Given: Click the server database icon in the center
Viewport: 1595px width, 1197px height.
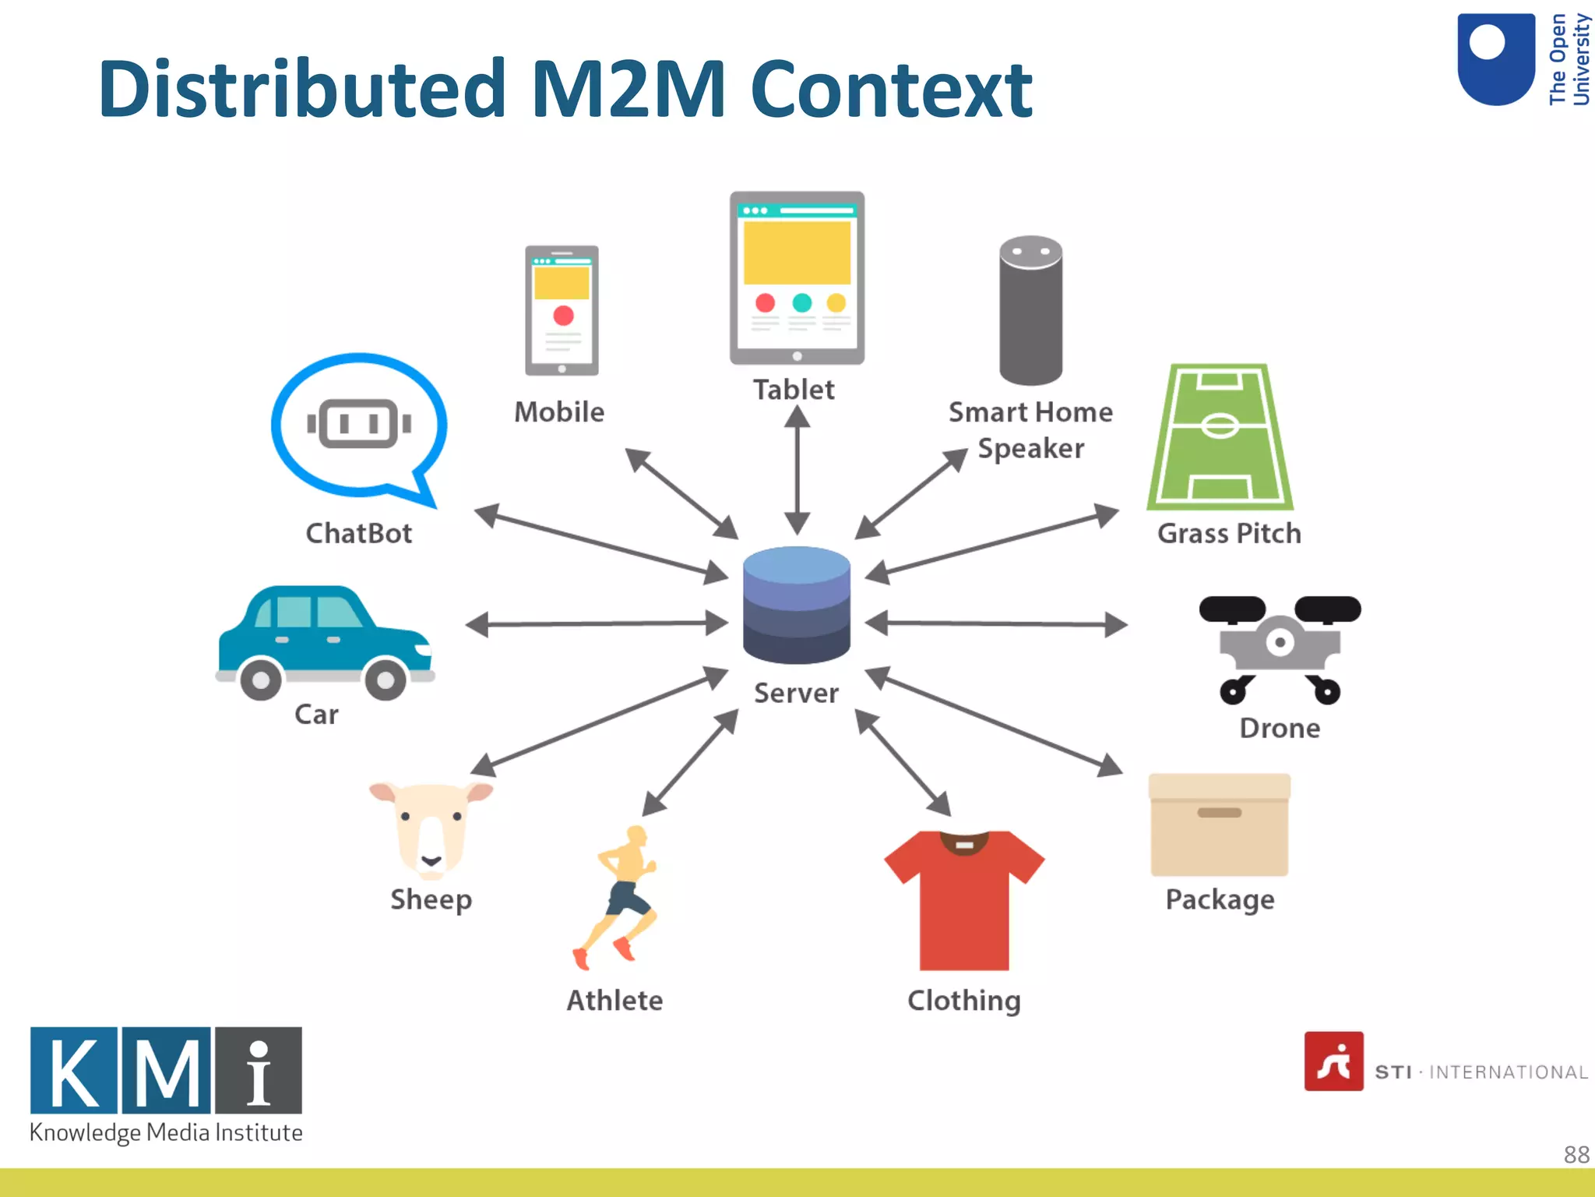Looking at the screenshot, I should coord(796,605).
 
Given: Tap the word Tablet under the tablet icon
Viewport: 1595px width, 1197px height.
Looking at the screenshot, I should coord(794,390).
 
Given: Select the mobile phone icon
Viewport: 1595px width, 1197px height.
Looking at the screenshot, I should coord(562,310).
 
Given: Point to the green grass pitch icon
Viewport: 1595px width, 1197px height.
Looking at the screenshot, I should coord(1220,438).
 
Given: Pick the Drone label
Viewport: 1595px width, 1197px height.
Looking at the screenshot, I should coord(1280,728).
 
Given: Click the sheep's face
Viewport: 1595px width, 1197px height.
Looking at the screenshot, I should coord(431,831).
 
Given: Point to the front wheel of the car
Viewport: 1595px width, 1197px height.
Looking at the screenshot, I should coord(386,680).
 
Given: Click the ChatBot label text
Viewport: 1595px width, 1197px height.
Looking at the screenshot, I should coord(358,533).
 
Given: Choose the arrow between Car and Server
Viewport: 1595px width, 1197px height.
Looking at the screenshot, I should coord(597,623).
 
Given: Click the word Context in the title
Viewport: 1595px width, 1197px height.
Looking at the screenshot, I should coord(891,89).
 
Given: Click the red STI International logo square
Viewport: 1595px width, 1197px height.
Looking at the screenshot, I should coord(1333,1061).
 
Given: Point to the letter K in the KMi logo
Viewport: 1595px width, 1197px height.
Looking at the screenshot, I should coord(74,1070).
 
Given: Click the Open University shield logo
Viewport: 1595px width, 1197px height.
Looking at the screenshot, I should coord(1495,59).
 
